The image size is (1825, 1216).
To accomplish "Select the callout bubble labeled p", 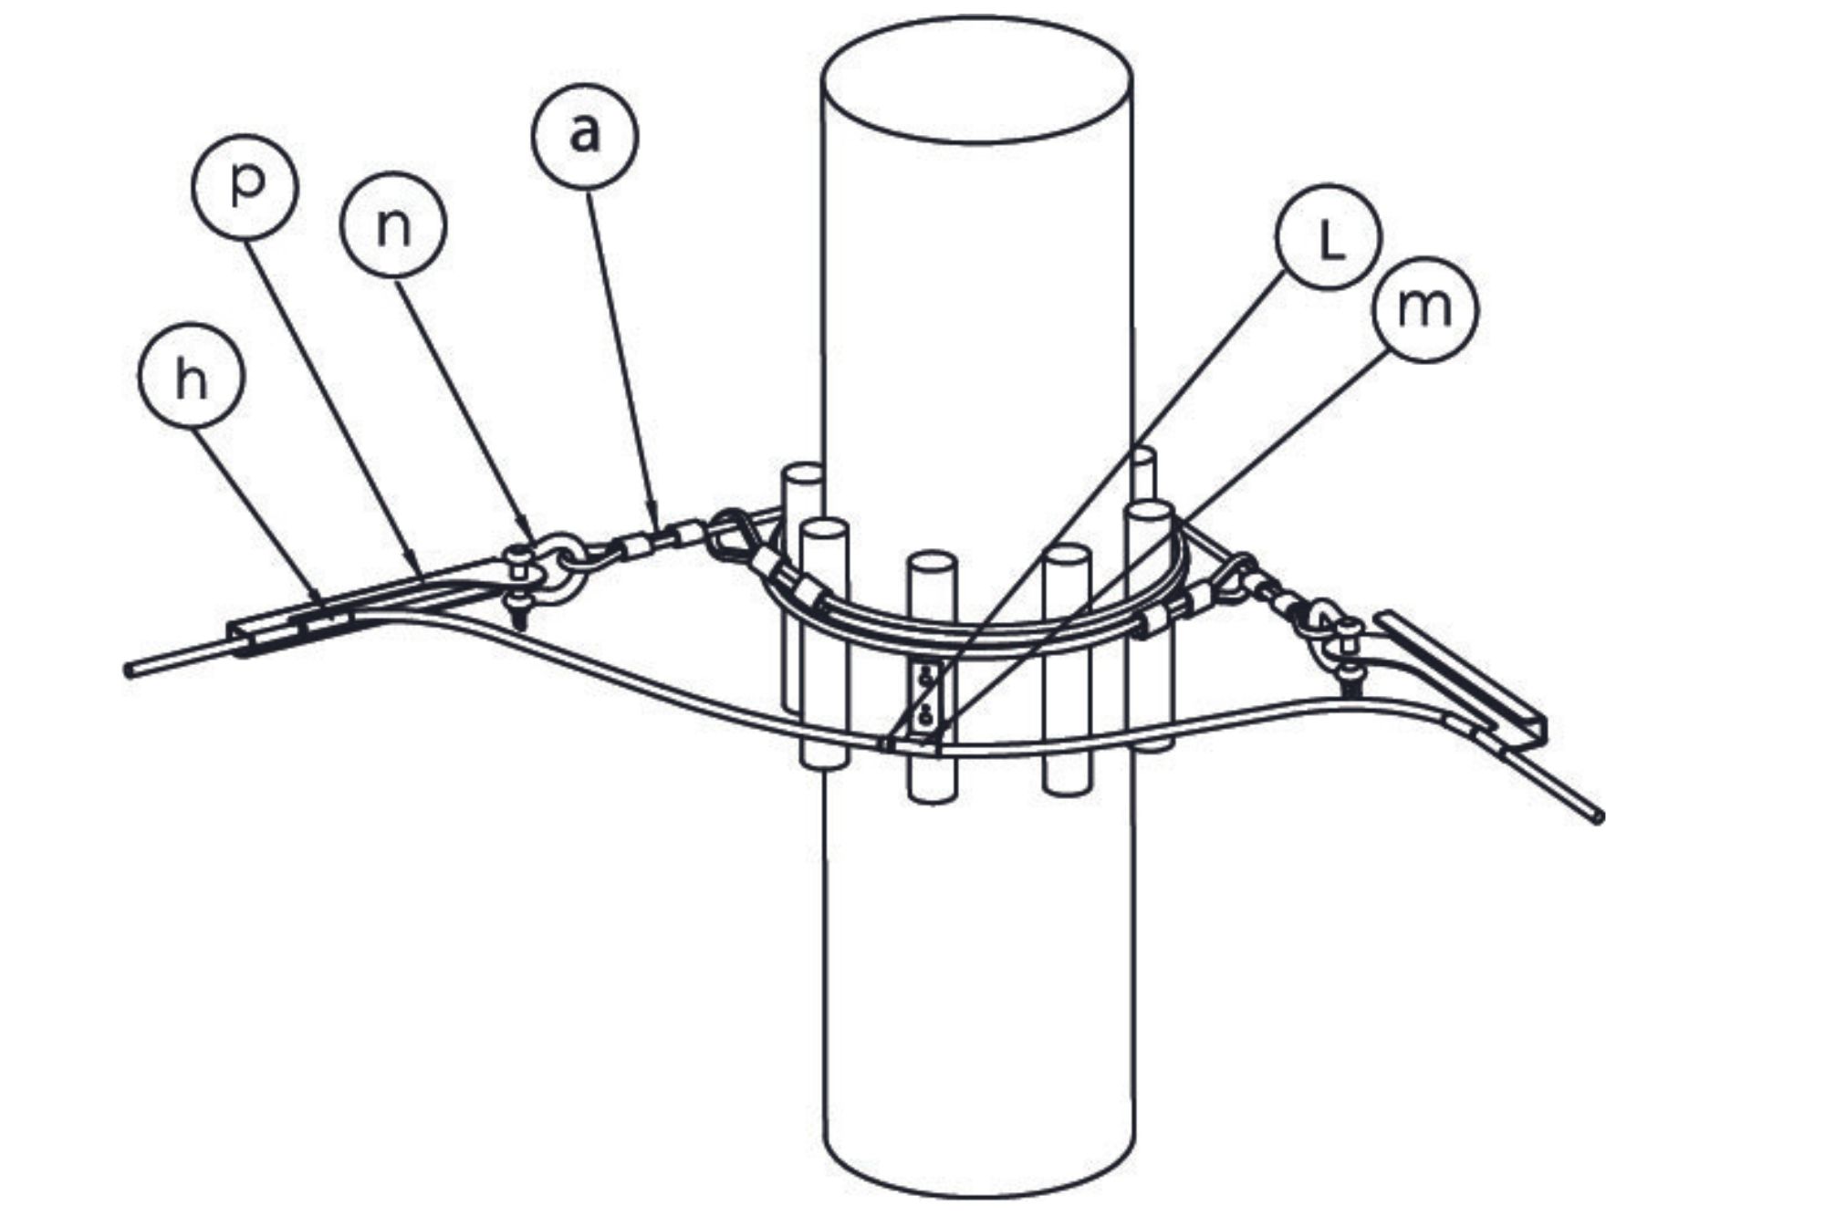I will pos(245,185).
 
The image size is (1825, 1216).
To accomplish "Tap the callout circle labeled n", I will pos(393,224).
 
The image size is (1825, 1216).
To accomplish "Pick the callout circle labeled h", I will pos(192,375).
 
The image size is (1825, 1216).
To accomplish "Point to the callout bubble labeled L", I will pos(1329,237).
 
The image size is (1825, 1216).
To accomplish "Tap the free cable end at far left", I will pos(130,670).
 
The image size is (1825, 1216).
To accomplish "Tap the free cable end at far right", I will pos(1598,817).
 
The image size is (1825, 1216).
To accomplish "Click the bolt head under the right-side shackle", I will pos(1349,676).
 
